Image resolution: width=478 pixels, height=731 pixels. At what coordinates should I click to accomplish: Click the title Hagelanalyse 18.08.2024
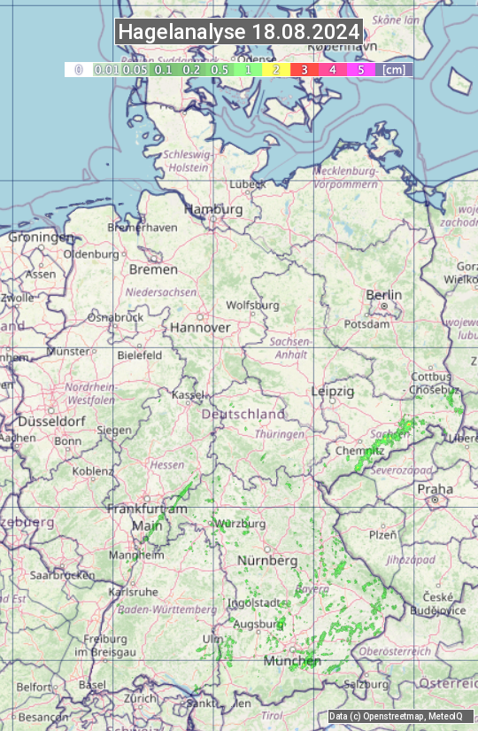(239, 32)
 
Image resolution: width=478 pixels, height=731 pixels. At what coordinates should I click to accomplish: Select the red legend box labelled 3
(304, 69)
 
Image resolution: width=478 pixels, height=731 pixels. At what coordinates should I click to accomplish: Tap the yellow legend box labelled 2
(276, 69)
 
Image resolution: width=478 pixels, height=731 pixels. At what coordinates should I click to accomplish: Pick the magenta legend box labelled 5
(360, 69)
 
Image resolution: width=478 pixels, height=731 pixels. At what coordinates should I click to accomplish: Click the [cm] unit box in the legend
(394, 69)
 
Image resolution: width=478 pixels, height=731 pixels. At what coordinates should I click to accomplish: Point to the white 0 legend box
(78, 69)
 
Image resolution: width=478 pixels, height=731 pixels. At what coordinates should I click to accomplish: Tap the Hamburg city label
(212, 210)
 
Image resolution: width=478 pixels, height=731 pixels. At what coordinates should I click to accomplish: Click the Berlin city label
(383, 295)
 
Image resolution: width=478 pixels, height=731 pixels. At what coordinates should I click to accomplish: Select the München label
(291, 661)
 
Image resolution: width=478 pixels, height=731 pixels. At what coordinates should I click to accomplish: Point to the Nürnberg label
(266, 561)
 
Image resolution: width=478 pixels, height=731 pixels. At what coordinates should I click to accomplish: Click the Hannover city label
(200, 327)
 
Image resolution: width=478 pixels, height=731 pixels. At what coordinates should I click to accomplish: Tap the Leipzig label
(333, 391)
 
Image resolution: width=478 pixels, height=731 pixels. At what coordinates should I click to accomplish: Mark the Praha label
(435, 489)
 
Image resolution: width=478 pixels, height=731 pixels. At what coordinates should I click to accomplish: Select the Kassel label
(189, 394)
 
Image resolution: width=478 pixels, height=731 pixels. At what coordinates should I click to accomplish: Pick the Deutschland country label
(243, 414)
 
